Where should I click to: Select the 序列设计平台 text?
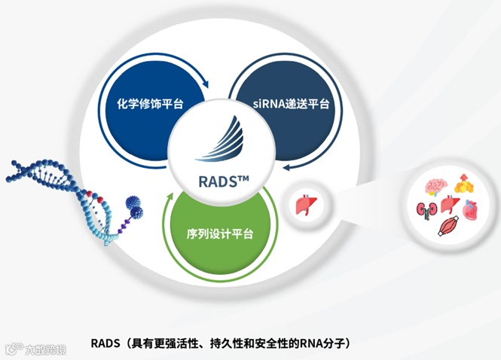(218, 233)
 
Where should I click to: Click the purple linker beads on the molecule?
(121, 224)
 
